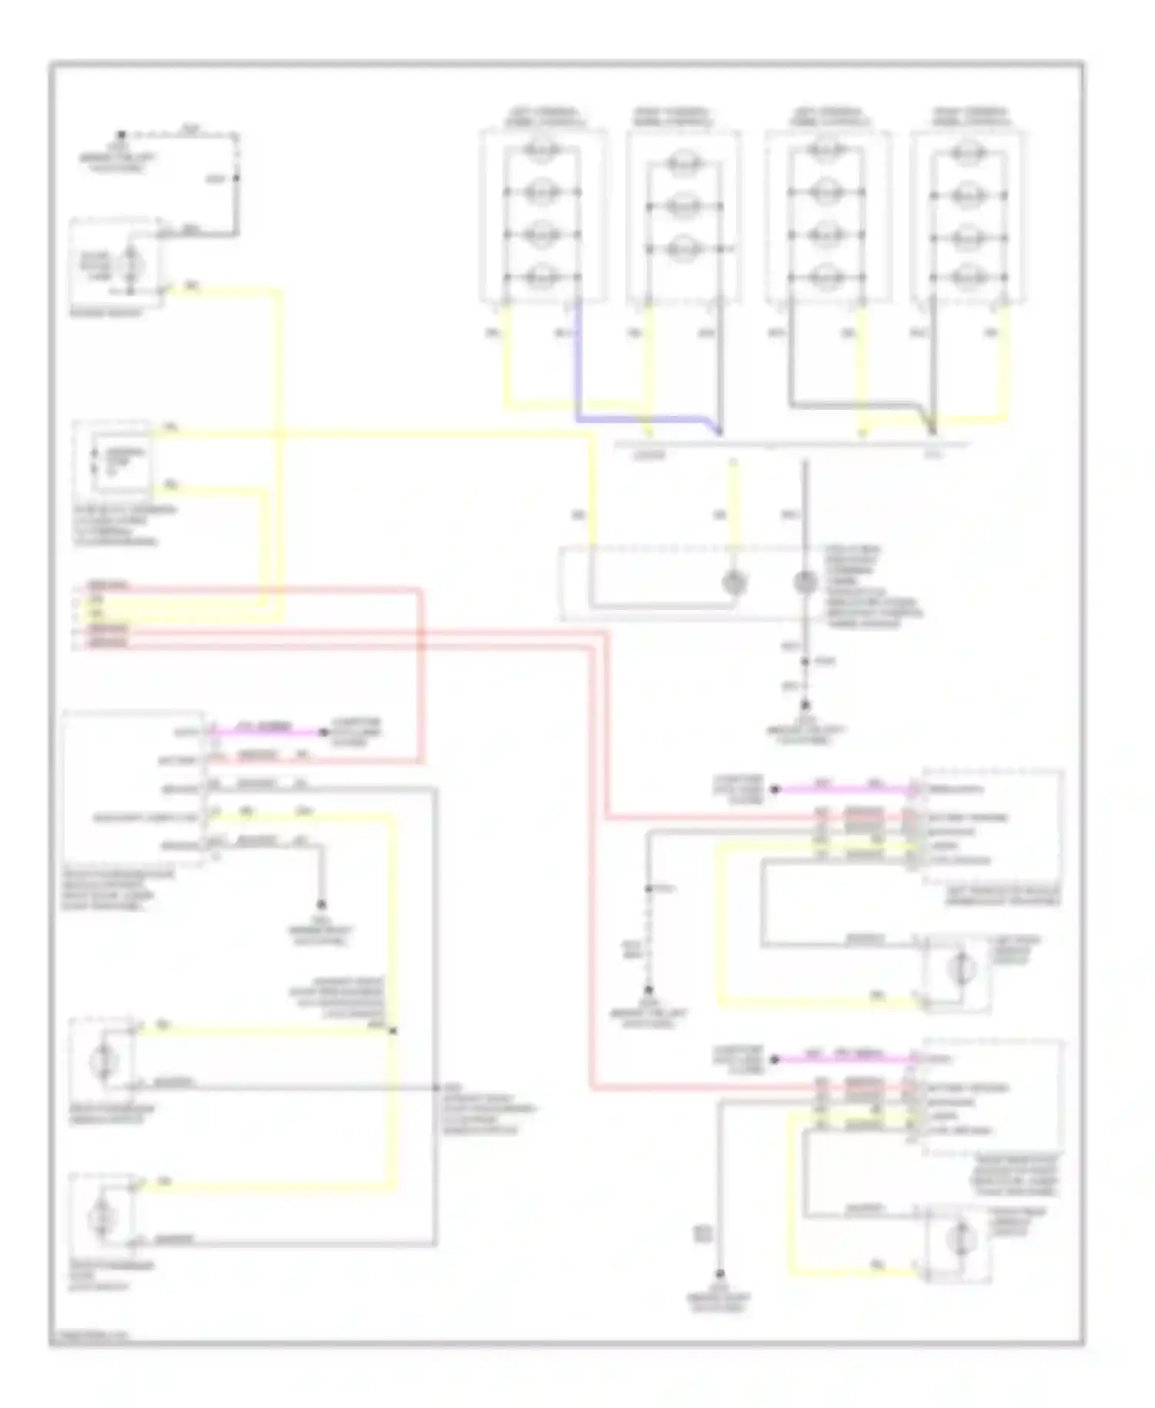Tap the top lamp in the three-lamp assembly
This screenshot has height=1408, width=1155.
point(682,163)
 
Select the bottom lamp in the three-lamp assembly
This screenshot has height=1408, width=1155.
point(682,249)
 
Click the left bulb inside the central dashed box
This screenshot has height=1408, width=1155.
point(735,583)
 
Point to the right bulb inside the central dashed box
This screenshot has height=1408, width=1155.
point(805,583)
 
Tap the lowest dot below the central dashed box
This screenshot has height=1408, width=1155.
point(805,705)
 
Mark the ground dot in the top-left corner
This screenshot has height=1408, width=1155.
point(121,135)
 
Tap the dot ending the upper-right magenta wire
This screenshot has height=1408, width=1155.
point(775,789)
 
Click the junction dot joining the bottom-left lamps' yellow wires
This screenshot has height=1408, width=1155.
point(393,1031)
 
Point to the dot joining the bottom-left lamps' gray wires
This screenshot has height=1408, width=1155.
point(436,1088)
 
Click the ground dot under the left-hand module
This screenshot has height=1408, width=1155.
point(321,904)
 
